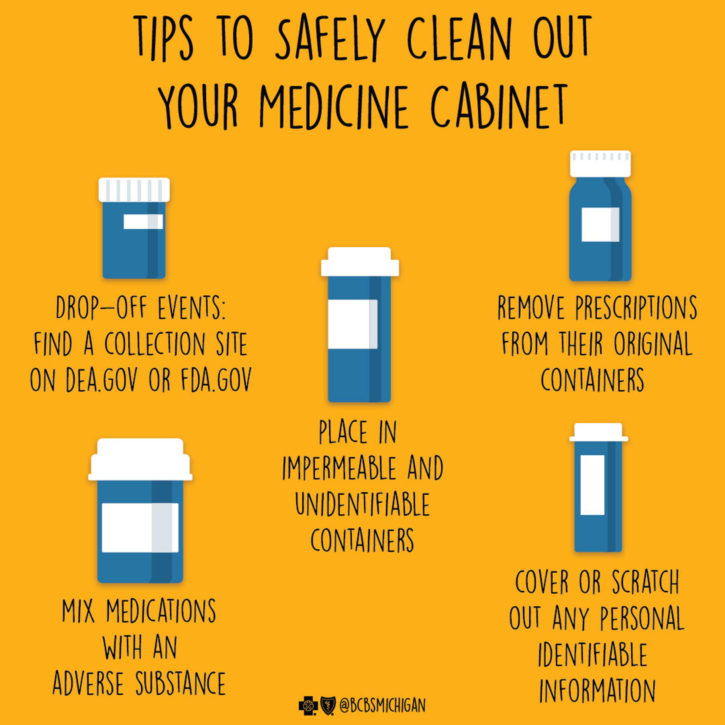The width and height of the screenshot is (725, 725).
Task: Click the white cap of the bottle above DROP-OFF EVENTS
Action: click(x=134, y=190)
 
